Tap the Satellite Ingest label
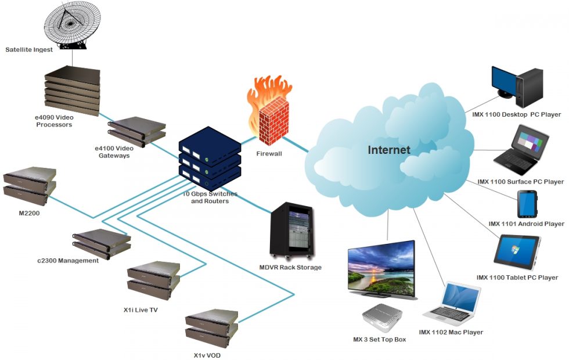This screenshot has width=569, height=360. click(x=29, y=50)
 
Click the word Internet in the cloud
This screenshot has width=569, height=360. click(x=388, y=150)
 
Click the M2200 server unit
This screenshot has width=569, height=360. click(x=30, y=182)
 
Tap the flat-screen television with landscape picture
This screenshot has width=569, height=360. click(x=381, y=268)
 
